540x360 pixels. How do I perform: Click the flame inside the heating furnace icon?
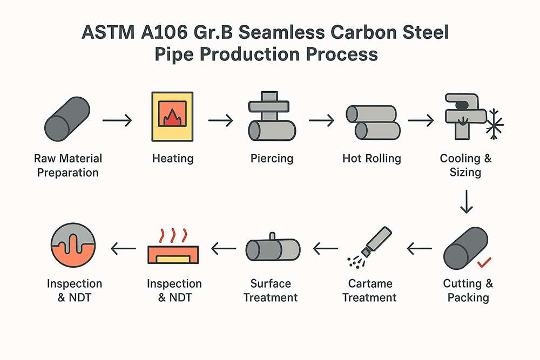(x=173, y=116)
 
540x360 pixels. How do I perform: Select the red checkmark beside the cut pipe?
(x=484, y=263)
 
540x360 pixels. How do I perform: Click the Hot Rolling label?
(x=372, y=159)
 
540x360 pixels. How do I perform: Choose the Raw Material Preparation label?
(x=67, y=166)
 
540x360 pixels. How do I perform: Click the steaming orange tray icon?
(x=172, y=249)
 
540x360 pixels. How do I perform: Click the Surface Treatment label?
(x=271, y=290)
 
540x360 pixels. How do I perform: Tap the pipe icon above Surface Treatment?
(x=273, y=248)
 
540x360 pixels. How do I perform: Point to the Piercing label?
(x=272, y=159)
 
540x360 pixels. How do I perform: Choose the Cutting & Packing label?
(x=468, y=290)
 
